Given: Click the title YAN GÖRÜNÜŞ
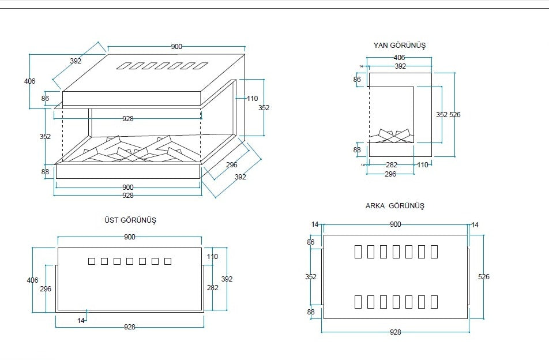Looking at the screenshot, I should tap(399, 45).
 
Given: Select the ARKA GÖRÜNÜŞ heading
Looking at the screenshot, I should tap(394, 205).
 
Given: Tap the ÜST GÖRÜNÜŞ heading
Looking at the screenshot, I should tap(130, 220).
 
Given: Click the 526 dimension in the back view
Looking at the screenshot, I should tap(484, 277).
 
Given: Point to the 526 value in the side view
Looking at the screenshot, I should tap(455, 115).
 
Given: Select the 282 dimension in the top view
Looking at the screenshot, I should tap(213, 287).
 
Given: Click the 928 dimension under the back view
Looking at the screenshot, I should tap(396, 332).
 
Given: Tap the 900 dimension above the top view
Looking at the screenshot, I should tap(130, 237).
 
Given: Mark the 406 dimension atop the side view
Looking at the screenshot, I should tap(399, 58).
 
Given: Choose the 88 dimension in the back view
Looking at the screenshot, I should tap(311, 312).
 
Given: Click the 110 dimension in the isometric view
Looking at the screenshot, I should tap(253, 99).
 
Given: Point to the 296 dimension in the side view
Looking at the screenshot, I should tap(390, 174).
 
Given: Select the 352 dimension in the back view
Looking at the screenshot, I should tap(311, 277).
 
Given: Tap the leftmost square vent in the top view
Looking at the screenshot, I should tap(92, 261).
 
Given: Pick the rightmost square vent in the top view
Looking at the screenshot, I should tap(168, 261).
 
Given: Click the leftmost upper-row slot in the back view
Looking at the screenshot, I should tap(358, 252).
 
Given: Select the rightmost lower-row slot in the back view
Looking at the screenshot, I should tap(434, 302).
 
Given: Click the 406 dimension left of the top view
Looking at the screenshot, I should tap(33, 280).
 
